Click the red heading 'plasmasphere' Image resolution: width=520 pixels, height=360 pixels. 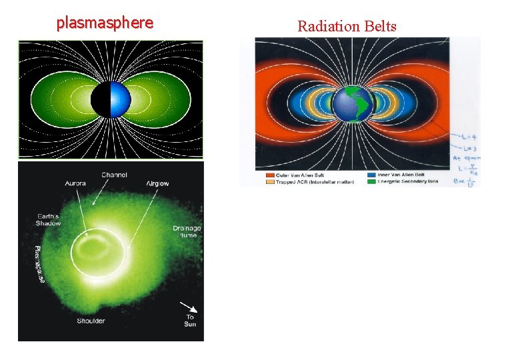[105, 23]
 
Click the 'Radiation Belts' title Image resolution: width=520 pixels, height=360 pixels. [347, 27]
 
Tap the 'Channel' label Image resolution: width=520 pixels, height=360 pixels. [115, 175]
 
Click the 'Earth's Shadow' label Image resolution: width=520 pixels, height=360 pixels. [47, 219]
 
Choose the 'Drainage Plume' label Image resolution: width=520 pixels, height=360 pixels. [187, 232]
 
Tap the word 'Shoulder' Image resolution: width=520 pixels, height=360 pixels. [91, 321]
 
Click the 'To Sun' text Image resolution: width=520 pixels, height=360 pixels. [190, 321]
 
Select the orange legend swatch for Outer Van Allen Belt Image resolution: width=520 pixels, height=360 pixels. [261, 175]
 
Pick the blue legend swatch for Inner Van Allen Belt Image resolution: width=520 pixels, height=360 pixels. [370, 175]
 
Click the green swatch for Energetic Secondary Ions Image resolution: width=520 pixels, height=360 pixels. [370, 181]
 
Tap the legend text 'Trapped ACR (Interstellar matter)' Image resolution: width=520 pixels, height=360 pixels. [304, 181]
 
